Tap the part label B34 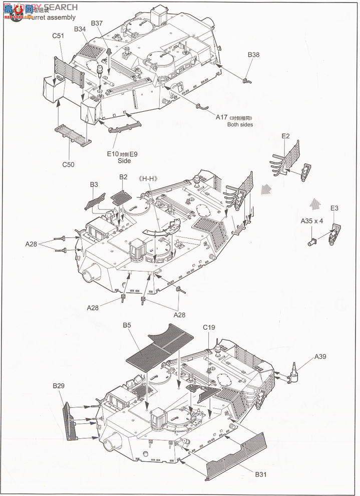[x=80, y=30]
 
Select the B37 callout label [x=97, y=24]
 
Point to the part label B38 [x=253, y=55]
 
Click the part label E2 [x=286, y=136]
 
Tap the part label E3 [x=334, y=208]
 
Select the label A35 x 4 [x=312, y=220]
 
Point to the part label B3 [x=94, y=185]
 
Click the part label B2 [x=123, y=177]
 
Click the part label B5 [x=127, y=326]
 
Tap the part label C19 [x=209, y=328]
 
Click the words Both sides [x=240, y=125]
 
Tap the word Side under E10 [x=124, y=161]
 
